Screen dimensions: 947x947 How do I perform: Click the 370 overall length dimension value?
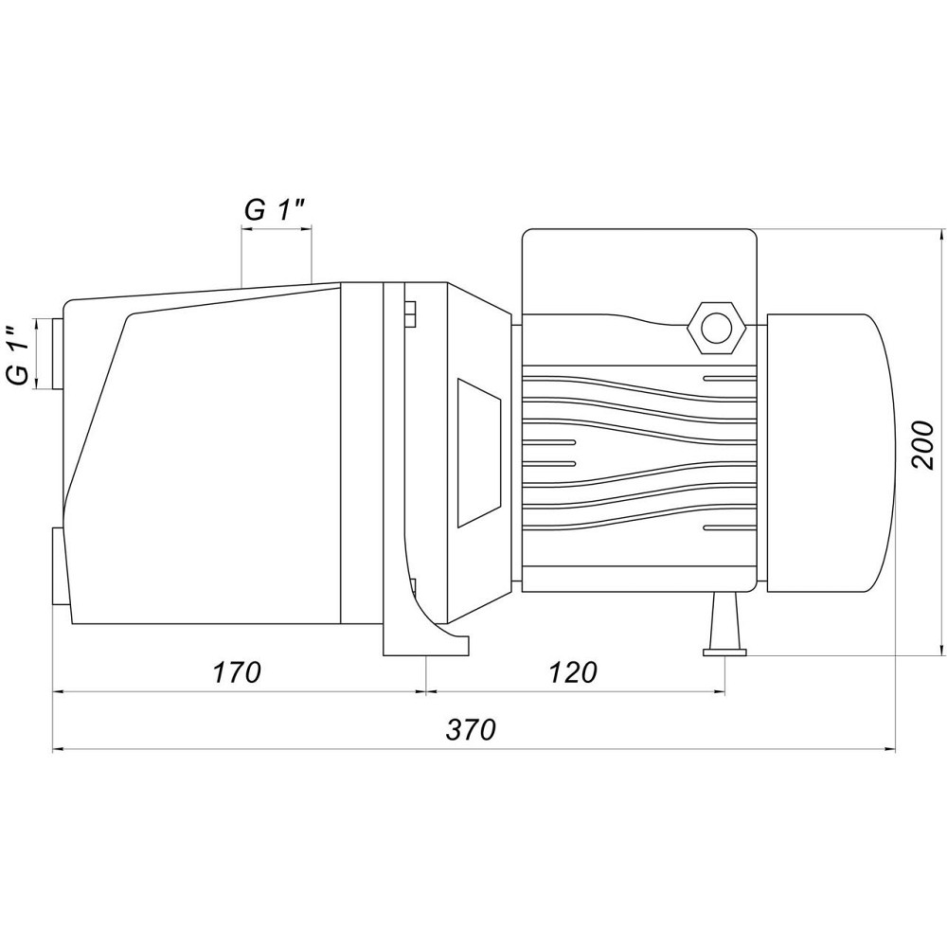[x=471, y=729]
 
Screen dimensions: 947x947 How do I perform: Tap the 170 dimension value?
[x=236, y=672]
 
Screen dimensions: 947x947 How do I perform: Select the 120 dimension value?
[x=573, y=672]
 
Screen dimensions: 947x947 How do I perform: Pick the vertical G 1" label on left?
[x=19, y=354]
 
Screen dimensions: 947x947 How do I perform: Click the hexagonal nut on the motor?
[x=717, y=328]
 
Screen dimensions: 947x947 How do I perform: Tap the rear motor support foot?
[x=724, y=624]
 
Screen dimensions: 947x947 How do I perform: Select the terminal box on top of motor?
[x=639, y=272]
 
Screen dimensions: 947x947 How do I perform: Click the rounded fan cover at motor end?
[x=831, y=453]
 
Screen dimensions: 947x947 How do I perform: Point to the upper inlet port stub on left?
[x=58, y=354]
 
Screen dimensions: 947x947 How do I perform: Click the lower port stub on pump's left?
[x=59, y=566]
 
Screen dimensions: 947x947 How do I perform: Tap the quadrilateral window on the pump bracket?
[x=479, y=453]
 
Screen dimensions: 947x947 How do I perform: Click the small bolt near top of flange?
[x=410, y=313]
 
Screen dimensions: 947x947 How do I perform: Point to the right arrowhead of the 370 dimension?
[x=888, y=750]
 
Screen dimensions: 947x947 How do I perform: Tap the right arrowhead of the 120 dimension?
[x=718, y=693]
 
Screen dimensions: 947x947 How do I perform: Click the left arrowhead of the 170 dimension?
[x=60, y=693]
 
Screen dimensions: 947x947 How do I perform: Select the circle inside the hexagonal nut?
[x=717, y=328]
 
